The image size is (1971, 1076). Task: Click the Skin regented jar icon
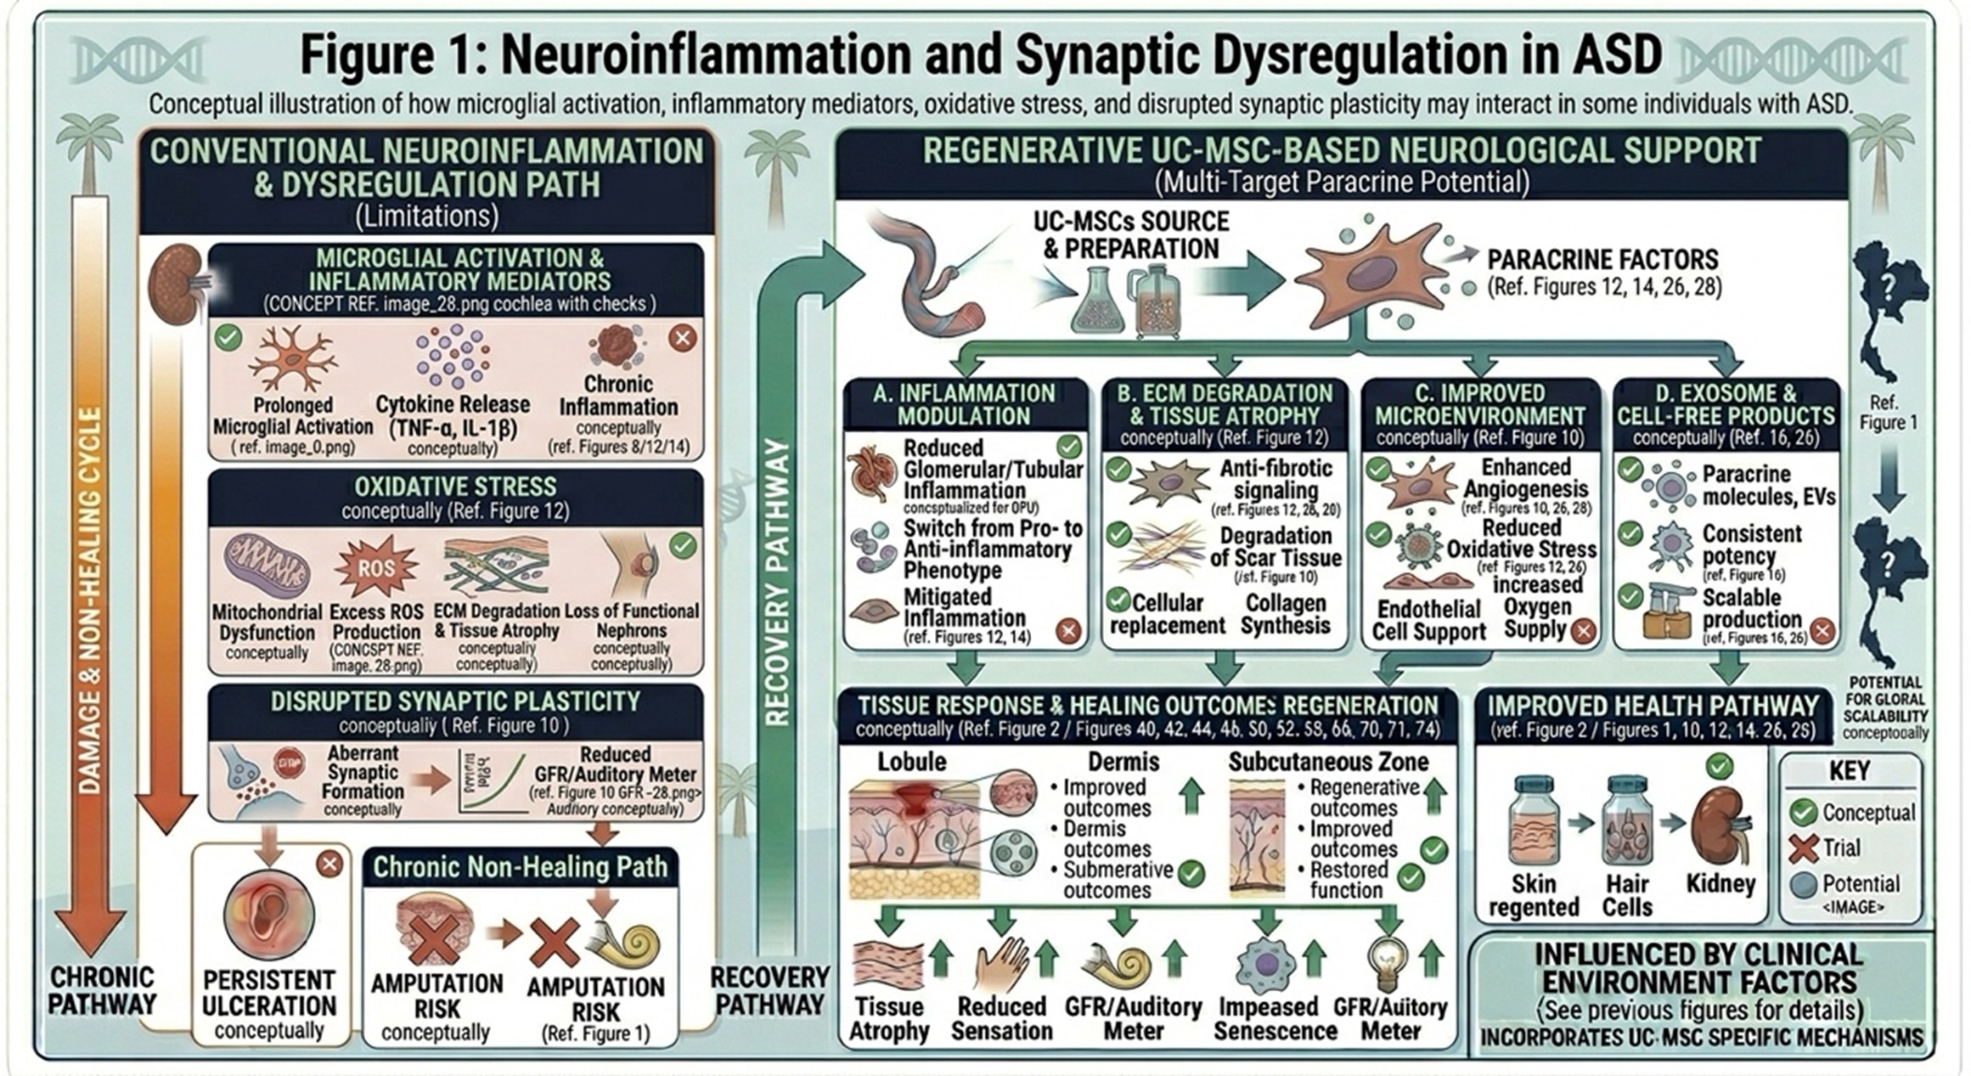point(1534,822)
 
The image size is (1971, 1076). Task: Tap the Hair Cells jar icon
point(1626,822)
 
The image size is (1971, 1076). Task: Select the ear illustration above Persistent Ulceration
point(269,913)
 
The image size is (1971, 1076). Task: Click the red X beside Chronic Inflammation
point(682,338)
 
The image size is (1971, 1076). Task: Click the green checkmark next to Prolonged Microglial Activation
point(228,337)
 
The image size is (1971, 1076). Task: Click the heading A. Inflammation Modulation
point(964,405)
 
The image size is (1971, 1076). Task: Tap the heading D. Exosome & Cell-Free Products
point(1726,405)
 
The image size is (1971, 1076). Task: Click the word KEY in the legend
point(1849,771)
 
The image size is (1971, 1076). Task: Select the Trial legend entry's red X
point(1802,848)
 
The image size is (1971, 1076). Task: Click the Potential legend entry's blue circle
point(1802,884)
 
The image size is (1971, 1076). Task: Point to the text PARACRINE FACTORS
point(1602,260)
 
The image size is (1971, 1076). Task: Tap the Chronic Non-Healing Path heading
point(520,867)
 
